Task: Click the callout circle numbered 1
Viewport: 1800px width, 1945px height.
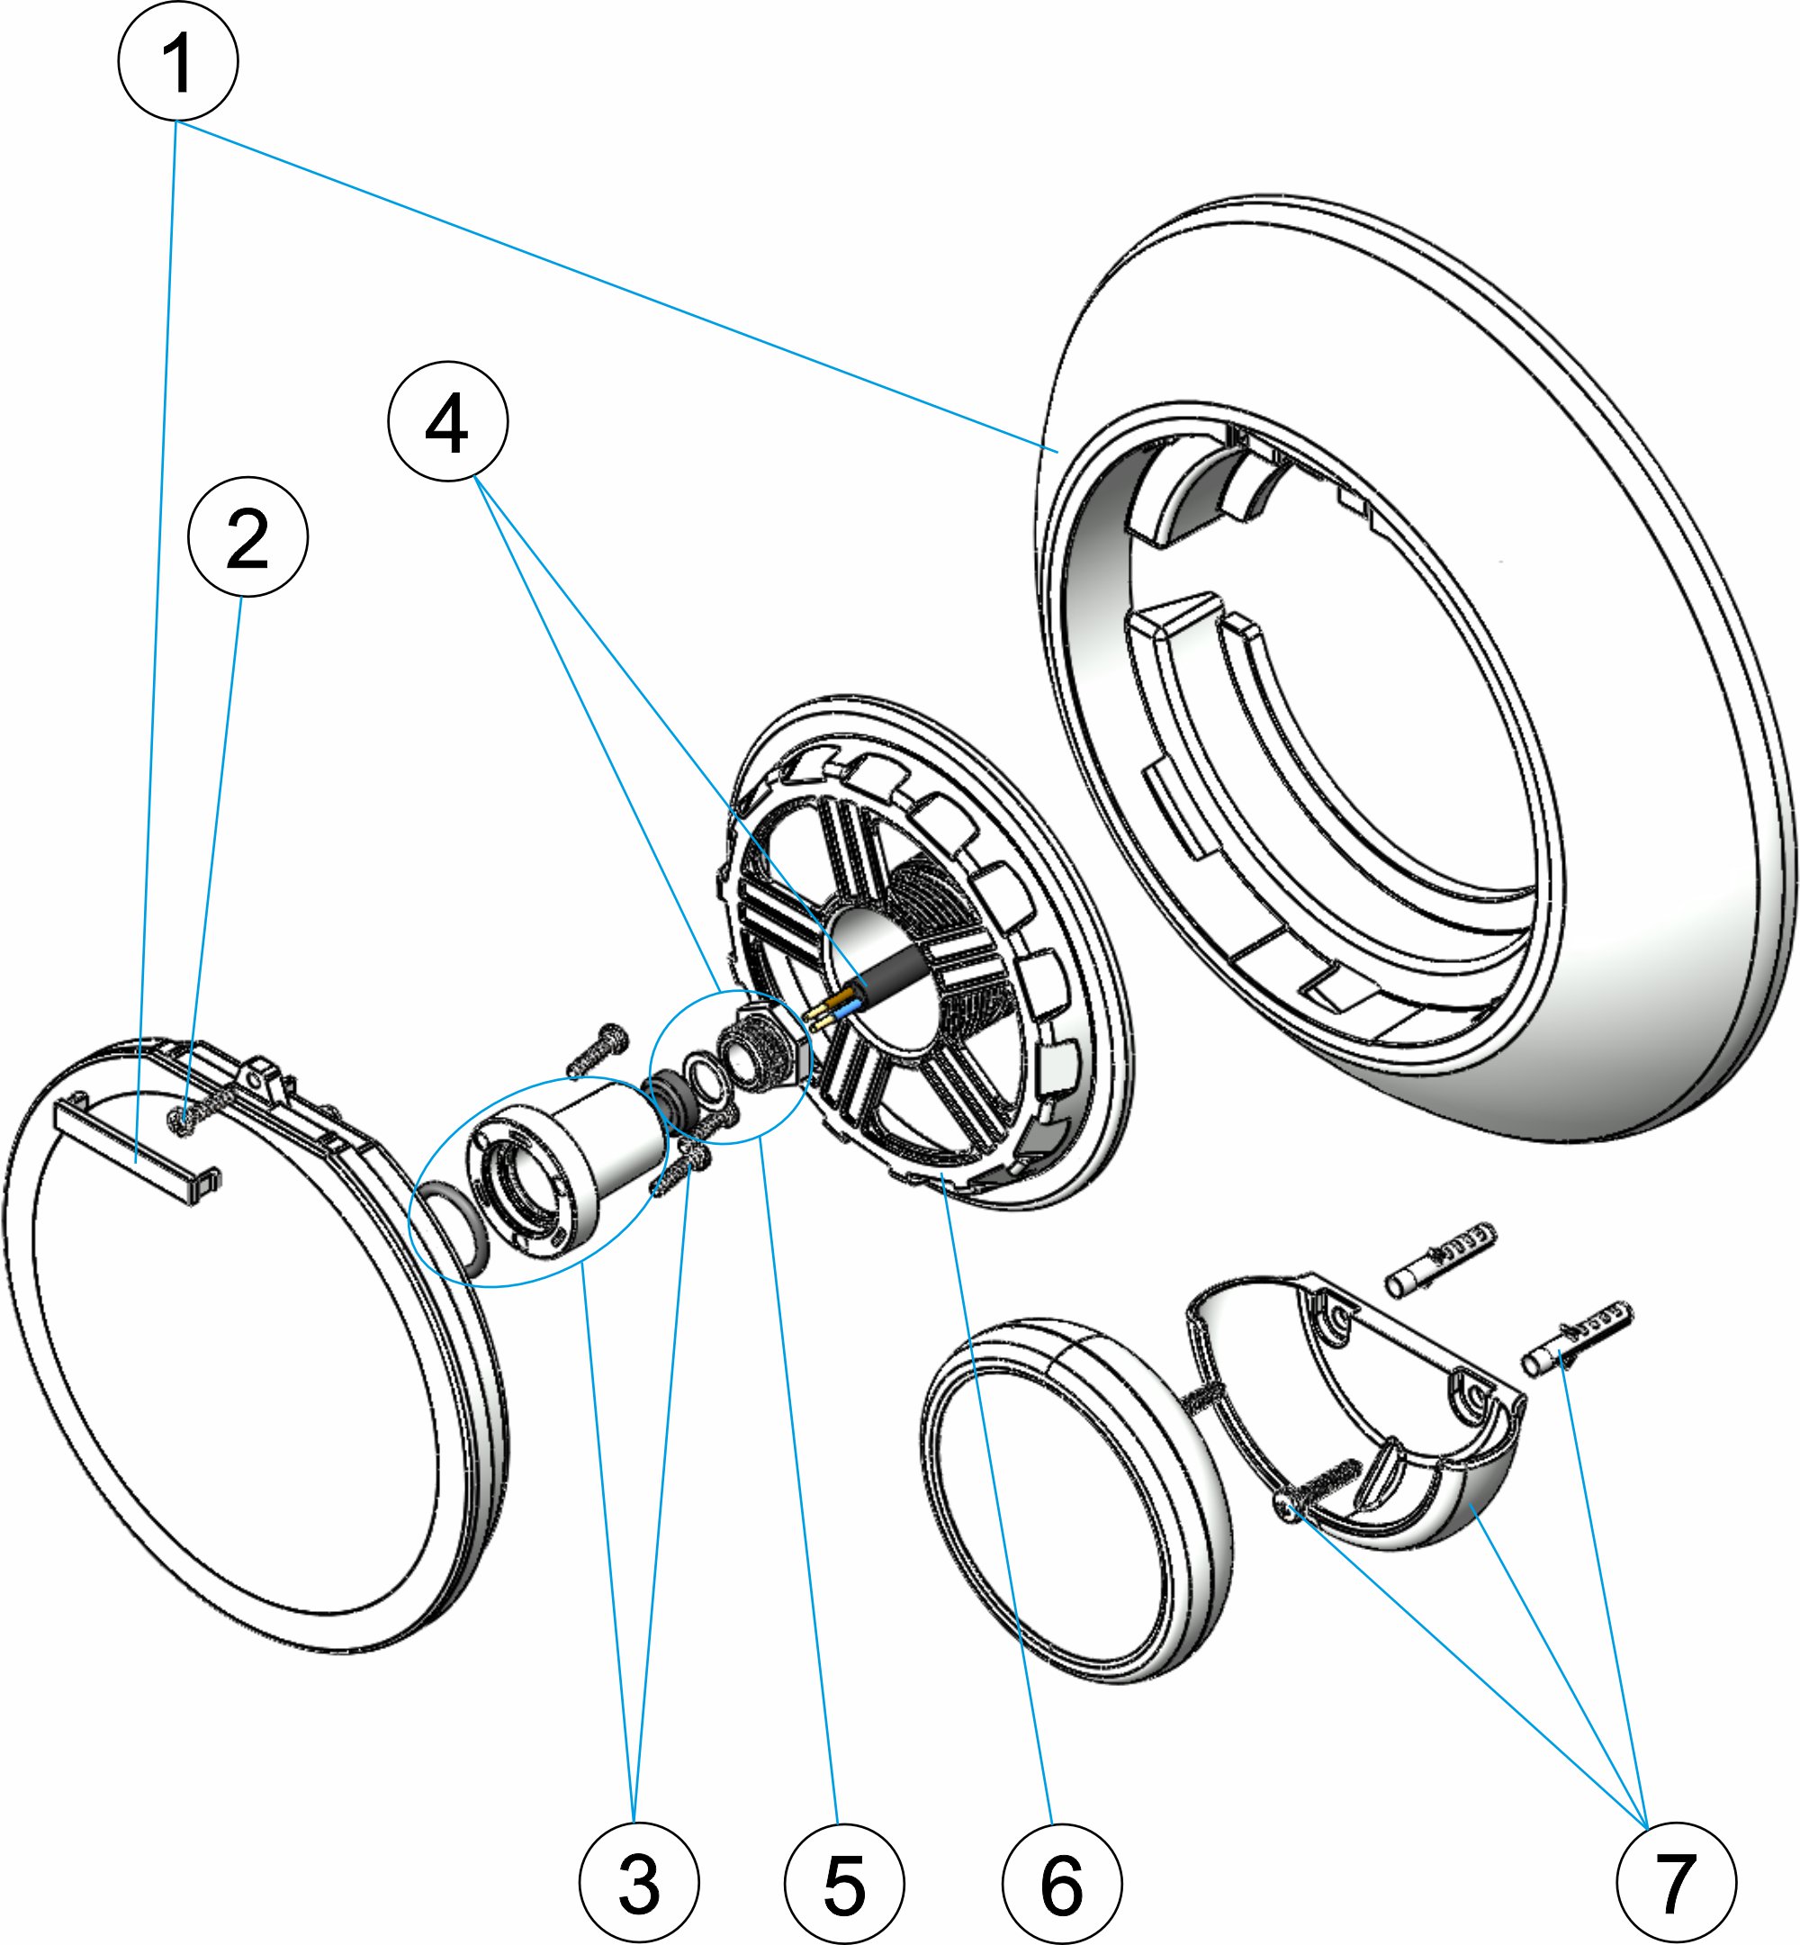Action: (x=178, y=61)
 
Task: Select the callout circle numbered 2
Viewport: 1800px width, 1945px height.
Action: (x=248, y=536)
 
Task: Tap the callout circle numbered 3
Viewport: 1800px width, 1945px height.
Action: (x=639, y=1883)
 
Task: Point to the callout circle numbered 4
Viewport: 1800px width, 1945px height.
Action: (x=448, y=420)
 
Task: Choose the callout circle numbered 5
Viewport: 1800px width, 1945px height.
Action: (x=844, y=1883)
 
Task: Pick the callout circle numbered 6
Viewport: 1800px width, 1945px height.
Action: (x=1062, y=1883)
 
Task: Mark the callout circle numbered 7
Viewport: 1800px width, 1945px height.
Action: (x=1675, y=1883)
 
